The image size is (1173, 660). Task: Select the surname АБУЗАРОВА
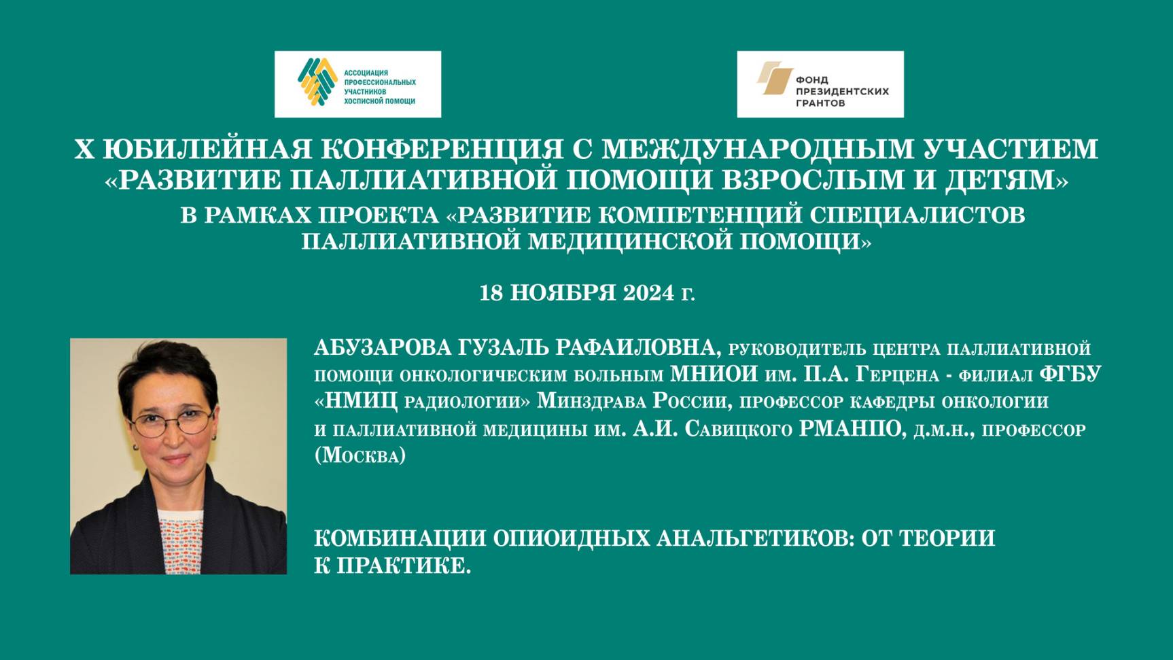(x=383, y=348)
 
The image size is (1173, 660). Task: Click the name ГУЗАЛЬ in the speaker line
(x=503, y=348)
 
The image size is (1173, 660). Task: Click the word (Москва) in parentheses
(x=360, y=455)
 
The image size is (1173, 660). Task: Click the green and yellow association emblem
(x=317, y=82)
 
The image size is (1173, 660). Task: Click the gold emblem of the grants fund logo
(x=775, y=78)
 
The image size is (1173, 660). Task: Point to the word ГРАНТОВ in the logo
(x=820, y=103)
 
